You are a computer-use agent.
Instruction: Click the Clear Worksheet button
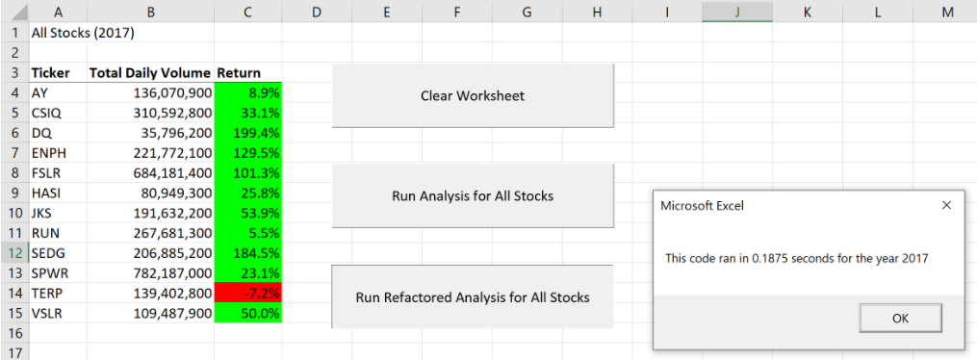point(472,95)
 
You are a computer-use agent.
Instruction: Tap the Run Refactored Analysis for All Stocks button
point(472,296)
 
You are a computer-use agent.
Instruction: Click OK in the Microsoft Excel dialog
point(900,319)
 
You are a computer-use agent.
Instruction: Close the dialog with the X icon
point(945,205)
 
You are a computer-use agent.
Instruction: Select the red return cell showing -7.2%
point(248,292)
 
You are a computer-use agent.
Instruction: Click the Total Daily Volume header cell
point(149,73)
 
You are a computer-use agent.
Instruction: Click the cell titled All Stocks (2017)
point(83,32)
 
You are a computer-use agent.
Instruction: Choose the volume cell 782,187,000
point(150,272)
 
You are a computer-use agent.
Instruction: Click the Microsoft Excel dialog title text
point(702,205)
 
